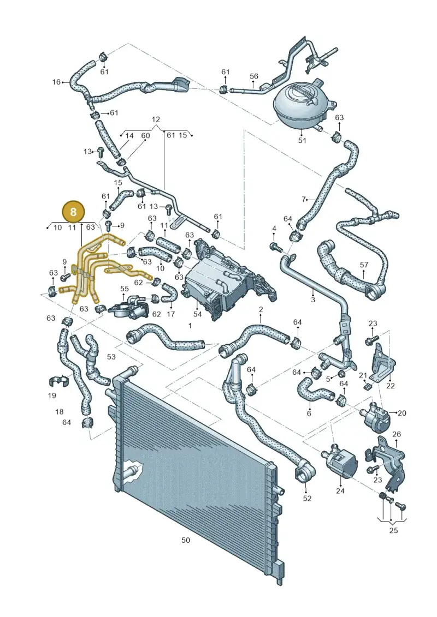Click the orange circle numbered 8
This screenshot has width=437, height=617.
[x=73, y=212]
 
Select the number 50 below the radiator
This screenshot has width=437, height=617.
[x=186, y=540]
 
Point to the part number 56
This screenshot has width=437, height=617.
[x=254, y=76]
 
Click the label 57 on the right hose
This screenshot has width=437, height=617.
[x=364, y=265]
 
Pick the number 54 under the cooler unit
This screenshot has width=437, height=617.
[x=197, y=314]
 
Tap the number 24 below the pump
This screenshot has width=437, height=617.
[x=340, y=490]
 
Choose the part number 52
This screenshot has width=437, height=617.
[x=307, y=498]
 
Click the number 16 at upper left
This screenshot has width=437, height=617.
[x=57, y=82]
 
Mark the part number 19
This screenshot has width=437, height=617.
[x=52, y=396]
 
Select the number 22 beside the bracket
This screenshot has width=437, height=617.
[x=390, y=386]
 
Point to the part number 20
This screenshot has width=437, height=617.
[x=402, y=413]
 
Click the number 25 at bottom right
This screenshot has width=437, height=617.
[x=394, y=530]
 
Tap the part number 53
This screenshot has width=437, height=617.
[x=111, y=356]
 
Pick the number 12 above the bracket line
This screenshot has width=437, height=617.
[x=156, y=119]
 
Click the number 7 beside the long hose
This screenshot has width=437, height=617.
[x=303, y=200]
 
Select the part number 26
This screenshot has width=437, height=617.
[x=397, y=434]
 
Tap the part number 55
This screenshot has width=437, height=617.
[x=124, y=289]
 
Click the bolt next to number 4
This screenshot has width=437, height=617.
[x=275, y=247]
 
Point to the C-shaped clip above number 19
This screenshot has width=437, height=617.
[x=59, y=380]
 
